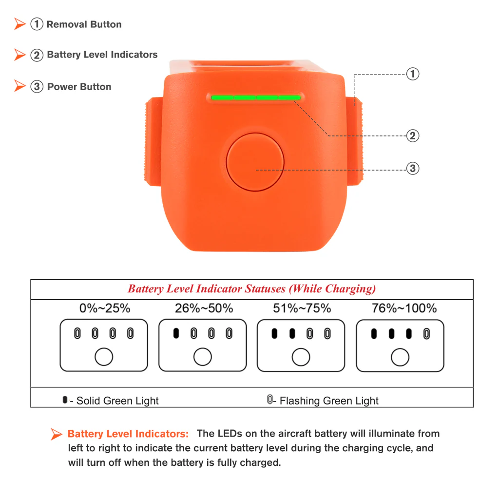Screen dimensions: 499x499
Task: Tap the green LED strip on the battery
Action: click(256, 97)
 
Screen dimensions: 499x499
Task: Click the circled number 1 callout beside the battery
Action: click(413, 74)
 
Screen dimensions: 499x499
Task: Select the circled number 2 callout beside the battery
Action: click(413, 135)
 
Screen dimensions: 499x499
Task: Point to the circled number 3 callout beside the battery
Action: click(413, 169)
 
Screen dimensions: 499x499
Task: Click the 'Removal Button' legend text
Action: click(84, 24)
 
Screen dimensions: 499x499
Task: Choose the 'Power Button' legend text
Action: click(79, 87)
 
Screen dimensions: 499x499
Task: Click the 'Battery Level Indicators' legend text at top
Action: click(102, 55)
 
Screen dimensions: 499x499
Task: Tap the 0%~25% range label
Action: click(105, 308)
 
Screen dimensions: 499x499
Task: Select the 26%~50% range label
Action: click(204, 308)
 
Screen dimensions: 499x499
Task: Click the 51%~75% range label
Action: click(302, 308)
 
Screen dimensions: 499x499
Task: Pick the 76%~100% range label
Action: click(404, 308)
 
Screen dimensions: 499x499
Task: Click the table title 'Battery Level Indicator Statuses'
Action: click(251, 288)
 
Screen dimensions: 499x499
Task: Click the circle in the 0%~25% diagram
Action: click(104, 357)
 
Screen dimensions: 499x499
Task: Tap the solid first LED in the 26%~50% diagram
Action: click(176, 334)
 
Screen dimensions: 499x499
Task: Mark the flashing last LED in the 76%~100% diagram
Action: click(427, 334)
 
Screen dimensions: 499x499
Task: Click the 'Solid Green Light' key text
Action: click(117, 401)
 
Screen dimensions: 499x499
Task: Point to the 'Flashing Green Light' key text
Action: click(329, 401)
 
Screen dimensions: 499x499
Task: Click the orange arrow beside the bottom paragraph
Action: click(57, 434)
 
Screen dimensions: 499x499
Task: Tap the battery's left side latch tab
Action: click(153, 141)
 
